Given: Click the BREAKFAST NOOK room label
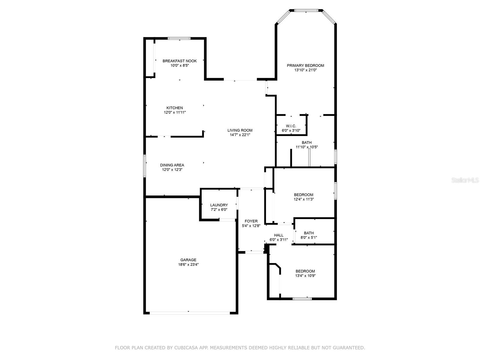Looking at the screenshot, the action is pos(179,61).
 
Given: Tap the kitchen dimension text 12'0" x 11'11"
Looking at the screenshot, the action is pos(175,112).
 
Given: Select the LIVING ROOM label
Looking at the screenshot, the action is pos(240,130).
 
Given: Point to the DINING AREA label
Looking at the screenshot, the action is pos(172,165).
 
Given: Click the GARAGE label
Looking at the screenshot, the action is pos(188,260).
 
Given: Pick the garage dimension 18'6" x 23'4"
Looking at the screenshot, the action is pos(188,265).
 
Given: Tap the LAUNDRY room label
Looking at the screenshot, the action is pos(219,205).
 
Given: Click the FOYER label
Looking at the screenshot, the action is pos(251,221).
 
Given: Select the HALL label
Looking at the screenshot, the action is pos(279,235).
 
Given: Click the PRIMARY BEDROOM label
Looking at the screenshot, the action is pos(305,66).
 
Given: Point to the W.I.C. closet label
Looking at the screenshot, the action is pos(291,126).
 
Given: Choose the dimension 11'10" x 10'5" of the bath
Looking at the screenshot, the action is pos(307,147).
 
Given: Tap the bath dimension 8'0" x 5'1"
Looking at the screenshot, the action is pos(309,238).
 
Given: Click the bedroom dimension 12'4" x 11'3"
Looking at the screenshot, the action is pos(304,199).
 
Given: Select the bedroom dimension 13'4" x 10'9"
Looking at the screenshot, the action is pos(305,276).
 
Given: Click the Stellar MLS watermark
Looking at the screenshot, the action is pos(465,180).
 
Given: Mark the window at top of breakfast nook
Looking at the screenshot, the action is pos(179,38).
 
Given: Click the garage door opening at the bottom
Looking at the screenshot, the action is pos(190,313).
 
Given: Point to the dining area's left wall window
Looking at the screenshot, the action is pos(145,166).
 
